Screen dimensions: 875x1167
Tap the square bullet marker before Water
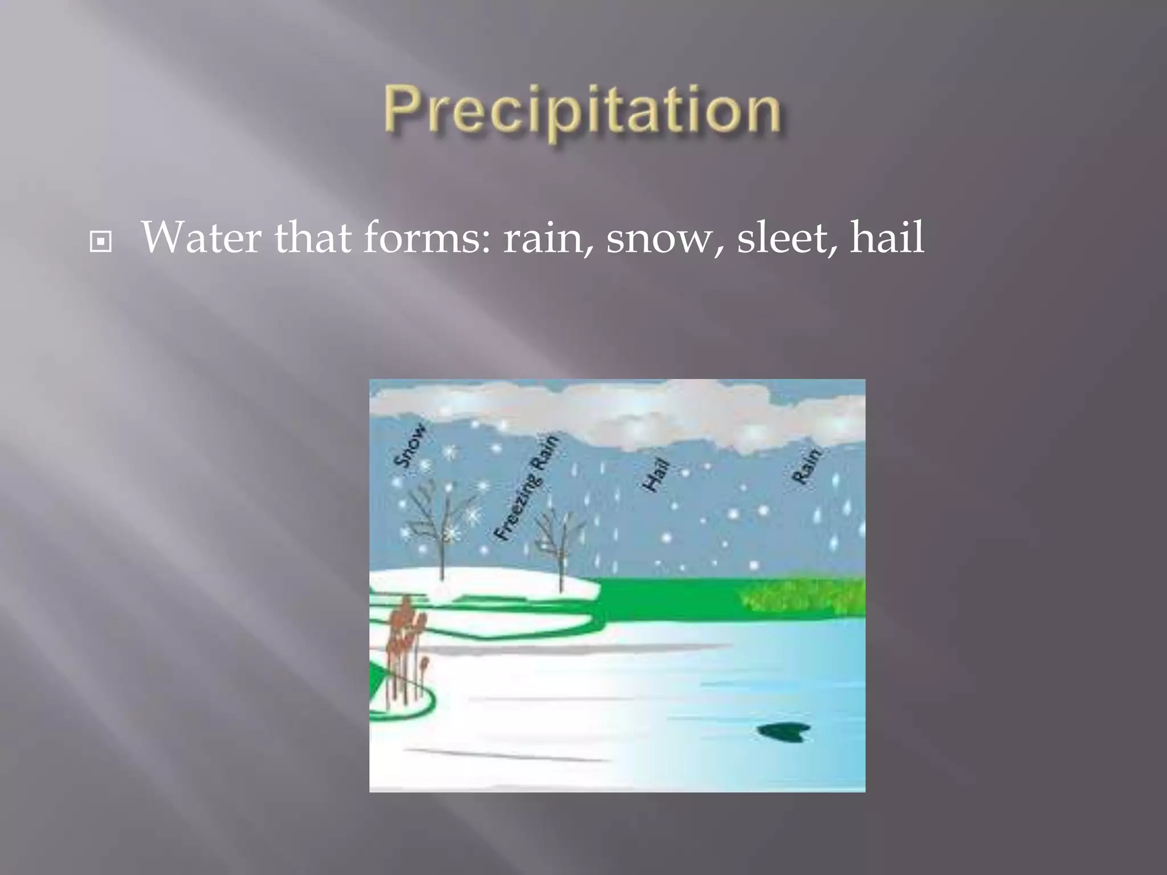101,242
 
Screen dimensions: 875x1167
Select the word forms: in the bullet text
427,238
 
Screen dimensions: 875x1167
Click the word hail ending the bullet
887,238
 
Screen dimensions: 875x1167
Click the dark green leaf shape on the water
784,732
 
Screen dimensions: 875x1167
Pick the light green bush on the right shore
803,596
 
